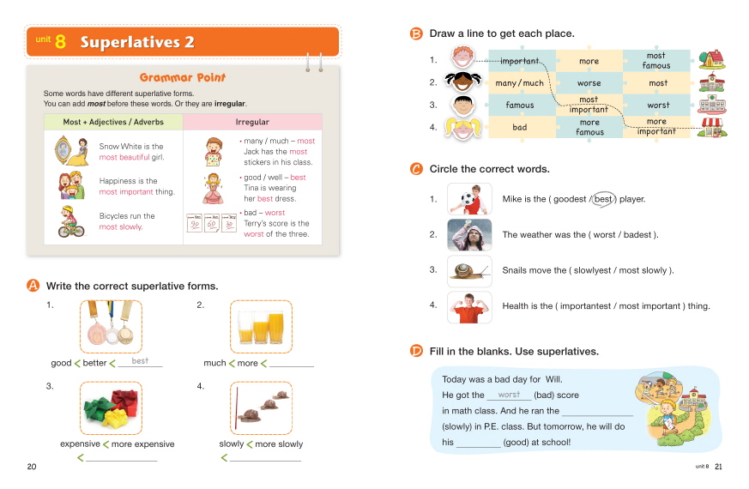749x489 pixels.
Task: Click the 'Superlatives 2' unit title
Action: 137,42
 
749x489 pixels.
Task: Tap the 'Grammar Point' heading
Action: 183,78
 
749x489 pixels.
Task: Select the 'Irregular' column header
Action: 252,122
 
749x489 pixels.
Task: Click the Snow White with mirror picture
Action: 69,150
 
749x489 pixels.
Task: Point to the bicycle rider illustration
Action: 69,222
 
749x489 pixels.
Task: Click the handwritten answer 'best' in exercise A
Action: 140,361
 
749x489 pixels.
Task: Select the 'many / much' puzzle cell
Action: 519,83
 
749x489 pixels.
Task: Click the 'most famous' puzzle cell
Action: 656,61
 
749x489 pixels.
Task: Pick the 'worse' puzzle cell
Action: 589,83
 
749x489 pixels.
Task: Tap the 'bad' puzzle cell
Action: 519,127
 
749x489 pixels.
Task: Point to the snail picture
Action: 470,270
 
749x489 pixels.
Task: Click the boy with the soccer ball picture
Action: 470,199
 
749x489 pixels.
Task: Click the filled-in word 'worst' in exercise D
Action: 509,395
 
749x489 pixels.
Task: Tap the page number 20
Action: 32,467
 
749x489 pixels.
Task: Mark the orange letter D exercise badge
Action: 416,351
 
